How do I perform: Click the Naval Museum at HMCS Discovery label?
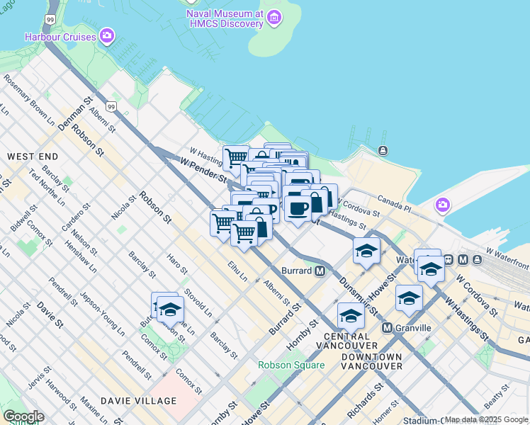pos(224,19)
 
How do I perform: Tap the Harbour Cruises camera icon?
pos(107,35)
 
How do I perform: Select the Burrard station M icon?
pos(320,271)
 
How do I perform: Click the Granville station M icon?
pos(387,328)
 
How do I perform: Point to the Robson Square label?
pos(291,365)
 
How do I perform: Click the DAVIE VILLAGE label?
pos(138,401)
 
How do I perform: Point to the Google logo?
pos(23,416)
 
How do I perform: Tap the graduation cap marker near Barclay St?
pos(170,310)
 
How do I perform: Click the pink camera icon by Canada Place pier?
pos(443,205)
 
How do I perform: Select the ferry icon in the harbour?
pos(383,150)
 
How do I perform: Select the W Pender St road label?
pos(203,169)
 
